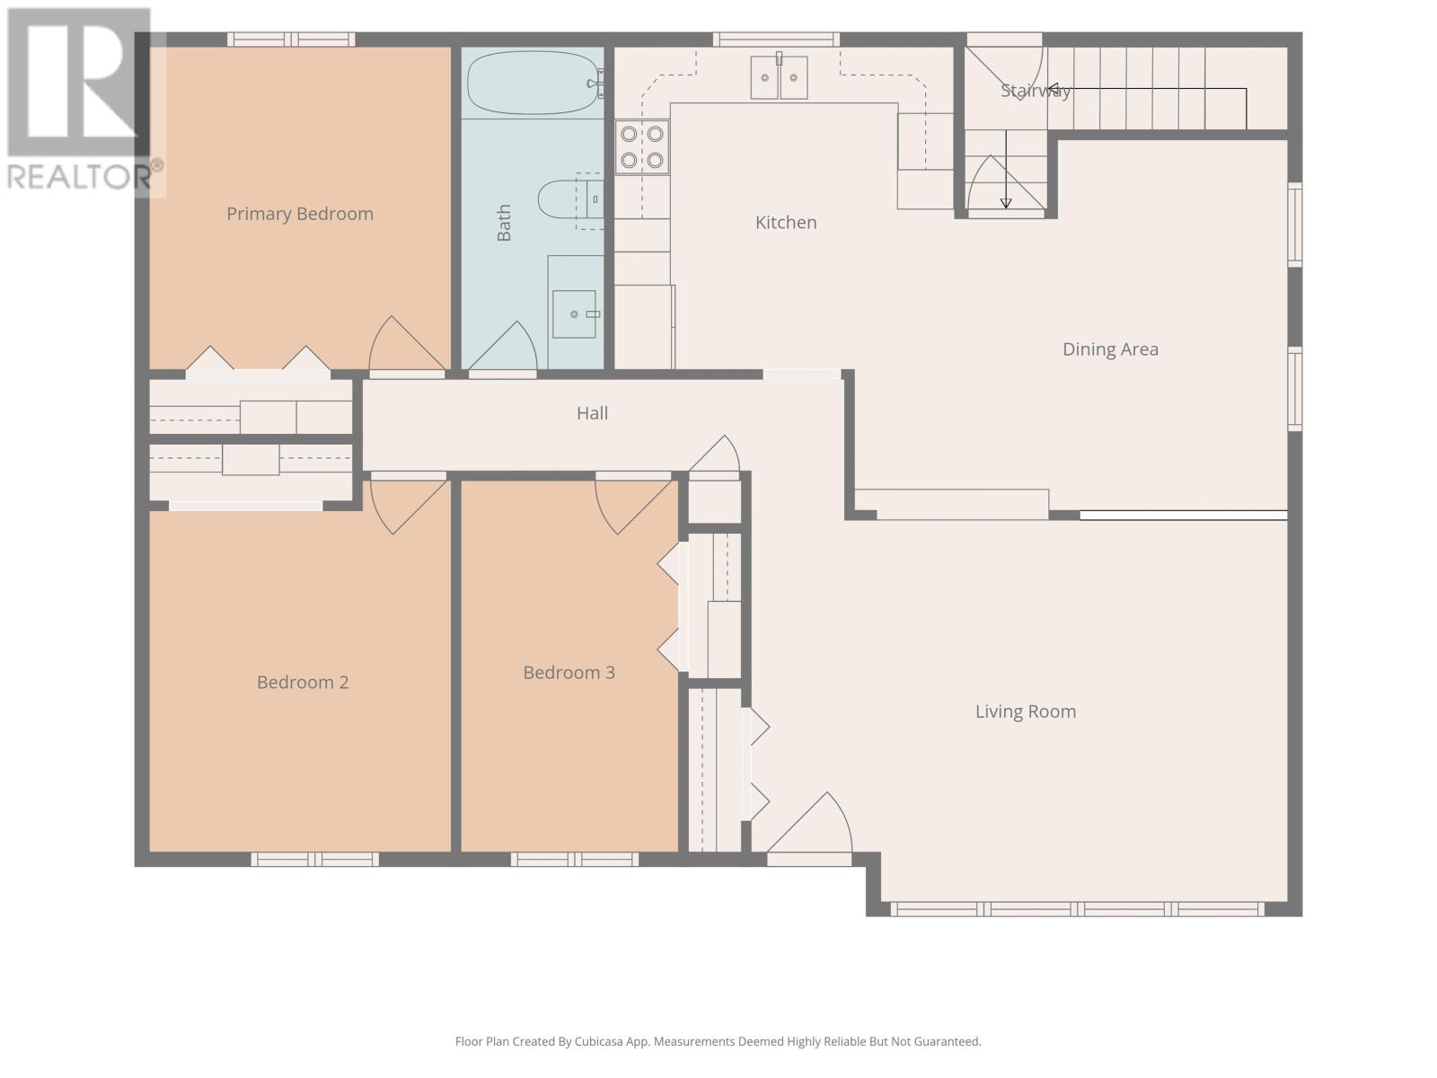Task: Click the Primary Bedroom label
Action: pyautogui.click(x=300, y=214)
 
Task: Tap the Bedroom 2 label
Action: pyautogui.click(x=303, y=682)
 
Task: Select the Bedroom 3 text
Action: pyautogui.click(x=569, y=672)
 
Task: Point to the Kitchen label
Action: pyautogui.click(x=786, y=223)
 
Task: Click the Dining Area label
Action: pyautogui.click(x=1110, y=349)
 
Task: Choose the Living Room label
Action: pyautogui.click(x=1026, y=711)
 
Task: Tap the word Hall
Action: pyautogui.click(x=592, y=413)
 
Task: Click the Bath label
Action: pyautogui.click(x=504, y=223)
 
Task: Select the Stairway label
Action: pyautogui.click(x=1035, y=91)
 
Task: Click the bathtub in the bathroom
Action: pyautogui.click(x=533, y=84)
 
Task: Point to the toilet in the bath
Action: pyautogui.click(x=569, y=199)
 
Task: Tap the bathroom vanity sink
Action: pyautogui.click(x=575, y=314)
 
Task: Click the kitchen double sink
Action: pyautogui.click(x=779, y=77)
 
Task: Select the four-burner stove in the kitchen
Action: pyautogui.click(x=642, y=147)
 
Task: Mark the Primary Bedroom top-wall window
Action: pyautogui.click(x=291, y=40)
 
